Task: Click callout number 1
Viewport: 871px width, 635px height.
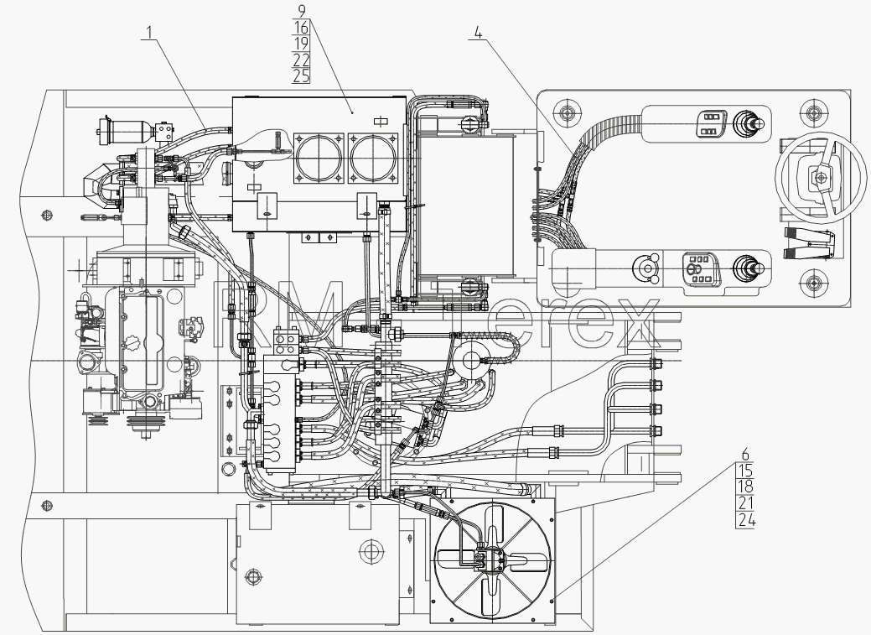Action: (148, 32)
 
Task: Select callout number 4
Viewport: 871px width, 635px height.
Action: (479, 33)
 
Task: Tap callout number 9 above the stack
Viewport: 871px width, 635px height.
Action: (302, 10)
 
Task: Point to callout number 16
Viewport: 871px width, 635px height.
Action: (301, 27)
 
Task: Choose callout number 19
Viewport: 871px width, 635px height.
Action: (301, 43)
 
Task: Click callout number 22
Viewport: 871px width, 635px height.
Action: (301, 60)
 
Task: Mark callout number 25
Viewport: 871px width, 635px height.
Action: (301, 75)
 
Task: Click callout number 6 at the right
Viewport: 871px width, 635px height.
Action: (745, 455)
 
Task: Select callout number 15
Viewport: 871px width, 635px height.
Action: (745, 471)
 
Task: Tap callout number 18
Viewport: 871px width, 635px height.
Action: (745, 487)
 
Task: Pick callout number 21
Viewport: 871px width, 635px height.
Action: (745, 503)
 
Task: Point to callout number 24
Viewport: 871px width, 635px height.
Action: (745, 520)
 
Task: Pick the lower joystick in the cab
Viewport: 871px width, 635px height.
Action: (749, 268)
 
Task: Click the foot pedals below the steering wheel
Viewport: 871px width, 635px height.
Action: (809, 243)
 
